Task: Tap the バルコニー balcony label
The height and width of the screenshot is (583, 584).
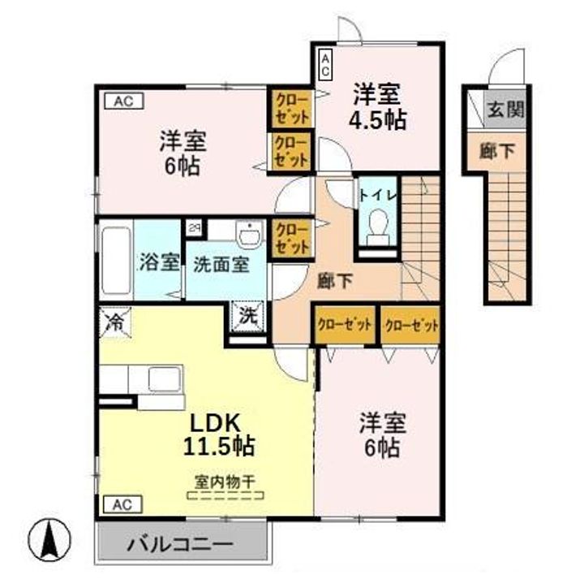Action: tap(179, 544)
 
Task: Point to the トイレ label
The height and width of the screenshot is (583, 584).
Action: tap(377, 195)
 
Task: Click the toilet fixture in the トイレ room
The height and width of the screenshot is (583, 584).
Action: tap(377, 227)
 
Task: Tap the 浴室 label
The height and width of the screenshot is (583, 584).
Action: tap(158, 262)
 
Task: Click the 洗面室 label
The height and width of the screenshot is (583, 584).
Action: tap(221, 263)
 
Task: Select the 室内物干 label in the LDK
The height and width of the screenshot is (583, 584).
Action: tap(223, 481)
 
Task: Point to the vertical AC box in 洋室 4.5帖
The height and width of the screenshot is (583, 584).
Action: tap(324, 64)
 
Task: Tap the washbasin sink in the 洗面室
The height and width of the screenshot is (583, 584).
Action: tap(248, 234)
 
